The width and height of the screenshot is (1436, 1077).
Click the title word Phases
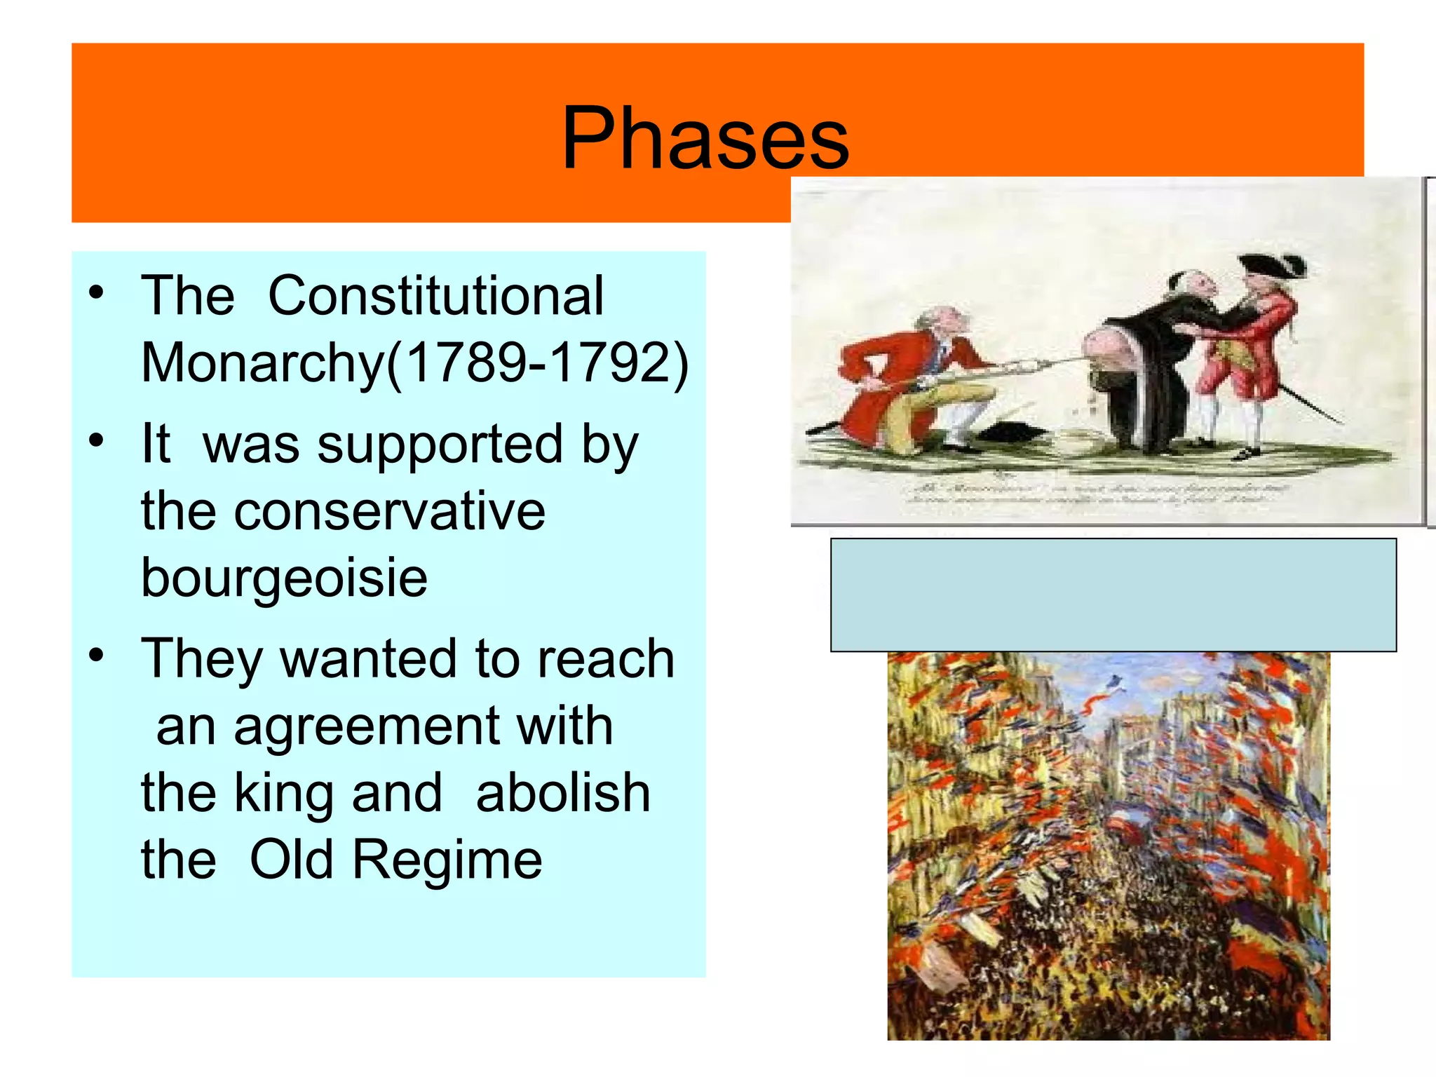705,139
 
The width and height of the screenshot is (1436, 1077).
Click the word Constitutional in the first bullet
435,296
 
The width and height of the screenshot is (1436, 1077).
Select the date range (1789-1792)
538,363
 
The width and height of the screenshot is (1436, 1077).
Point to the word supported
440,445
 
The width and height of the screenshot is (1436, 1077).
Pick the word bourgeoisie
284,578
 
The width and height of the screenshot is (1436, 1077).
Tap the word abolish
563,793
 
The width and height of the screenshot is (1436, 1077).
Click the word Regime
447,860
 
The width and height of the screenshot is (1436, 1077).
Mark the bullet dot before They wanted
96,656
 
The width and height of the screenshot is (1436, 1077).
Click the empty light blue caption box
1113,595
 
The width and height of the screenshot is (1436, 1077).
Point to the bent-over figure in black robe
1143,365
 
